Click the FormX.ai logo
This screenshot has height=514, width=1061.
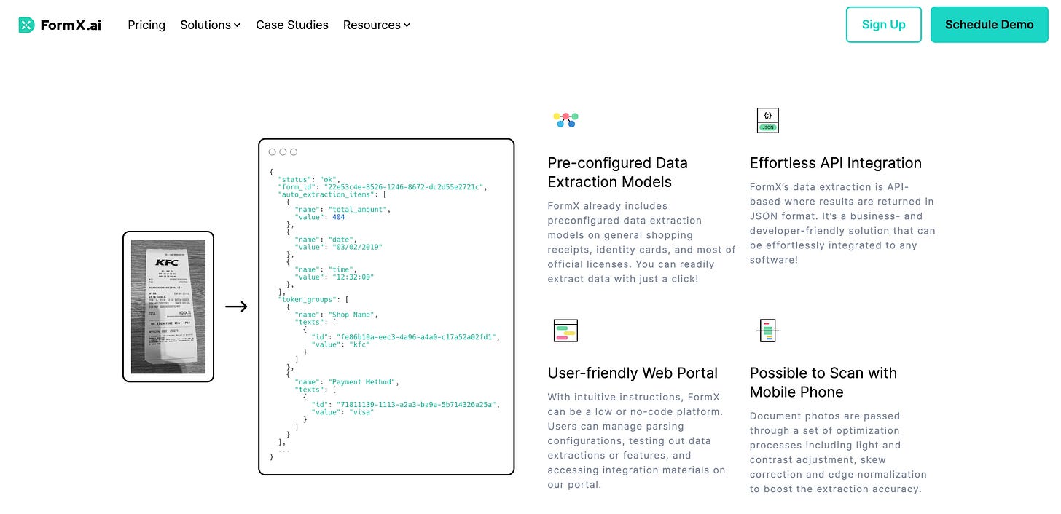click(60, 25)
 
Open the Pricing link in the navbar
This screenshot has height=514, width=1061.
click(146, 25)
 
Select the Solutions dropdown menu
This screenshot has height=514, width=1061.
click(210, 25)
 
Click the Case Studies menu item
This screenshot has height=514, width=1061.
click(292, 25)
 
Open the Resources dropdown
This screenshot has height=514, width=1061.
click(377, 25)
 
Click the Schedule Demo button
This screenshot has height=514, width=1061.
click(989, 25)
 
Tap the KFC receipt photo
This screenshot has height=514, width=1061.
click(168, 307)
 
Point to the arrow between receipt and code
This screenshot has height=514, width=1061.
click(236, 307)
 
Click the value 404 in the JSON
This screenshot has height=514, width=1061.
click(338, 217)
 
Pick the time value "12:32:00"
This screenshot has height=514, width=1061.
click(355, 277)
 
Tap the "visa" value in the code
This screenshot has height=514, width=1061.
click(361, 412)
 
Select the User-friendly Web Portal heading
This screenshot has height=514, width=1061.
click(633, 373)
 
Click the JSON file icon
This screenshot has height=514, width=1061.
click(767, 120)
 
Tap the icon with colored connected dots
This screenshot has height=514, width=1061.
click(565, 119)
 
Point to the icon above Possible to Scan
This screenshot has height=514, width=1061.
click(767, 331)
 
